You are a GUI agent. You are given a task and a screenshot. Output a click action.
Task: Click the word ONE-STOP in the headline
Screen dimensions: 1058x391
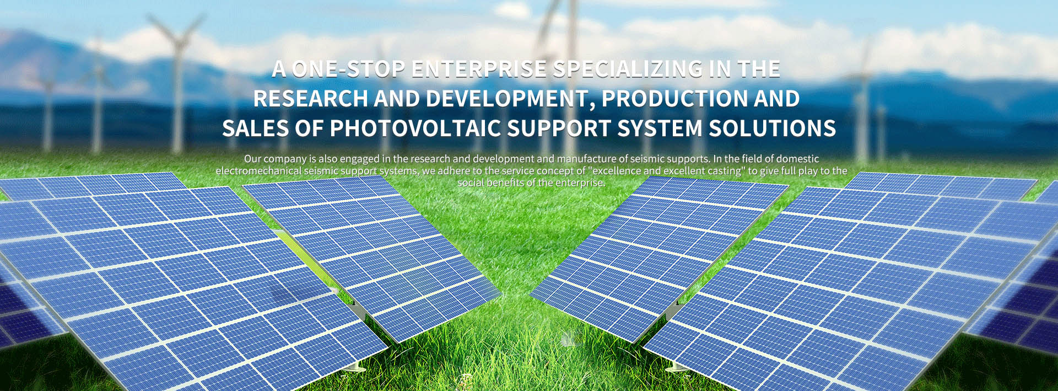click(348, 69)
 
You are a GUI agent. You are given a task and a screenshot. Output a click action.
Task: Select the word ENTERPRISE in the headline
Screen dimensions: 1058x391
click(479, 69)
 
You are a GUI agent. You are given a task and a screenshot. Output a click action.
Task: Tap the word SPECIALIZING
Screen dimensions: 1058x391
click(628, 69)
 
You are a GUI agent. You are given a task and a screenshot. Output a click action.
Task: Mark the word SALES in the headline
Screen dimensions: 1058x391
click(255, 128)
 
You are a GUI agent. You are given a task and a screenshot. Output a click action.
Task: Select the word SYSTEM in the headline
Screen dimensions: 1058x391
click(660, 128)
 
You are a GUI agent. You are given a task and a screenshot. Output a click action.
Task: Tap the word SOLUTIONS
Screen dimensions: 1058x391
click(773, 128)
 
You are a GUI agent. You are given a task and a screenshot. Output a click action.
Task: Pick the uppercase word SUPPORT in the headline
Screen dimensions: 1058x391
click(559, 128)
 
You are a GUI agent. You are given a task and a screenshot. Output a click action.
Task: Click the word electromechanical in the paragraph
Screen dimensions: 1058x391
click(258, 171)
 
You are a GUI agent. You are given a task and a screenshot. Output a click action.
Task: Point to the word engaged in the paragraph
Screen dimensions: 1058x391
click(360, 159)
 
